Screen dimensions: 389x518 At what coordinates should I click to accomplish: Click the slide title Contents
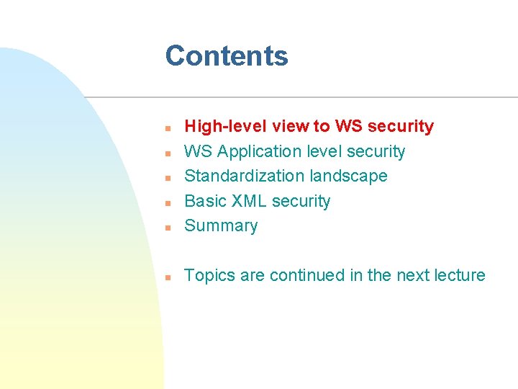[227, 56]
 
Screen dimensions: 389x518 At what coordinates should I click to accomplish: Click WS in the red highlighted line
[348, 127]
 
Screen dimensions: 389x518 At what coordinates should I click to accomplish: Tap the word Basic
[205, 201]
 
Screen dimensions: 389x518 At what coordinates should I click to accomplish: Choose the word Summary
[221, 226]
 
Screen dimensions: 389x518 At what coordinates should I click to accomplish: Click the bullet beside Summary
[166, 227]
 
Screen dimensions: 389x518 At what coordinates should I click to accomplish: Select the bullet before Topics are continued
[166, 277]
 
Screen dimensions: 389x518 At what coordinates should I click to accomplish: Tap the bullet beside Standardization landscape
[166, 177]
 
